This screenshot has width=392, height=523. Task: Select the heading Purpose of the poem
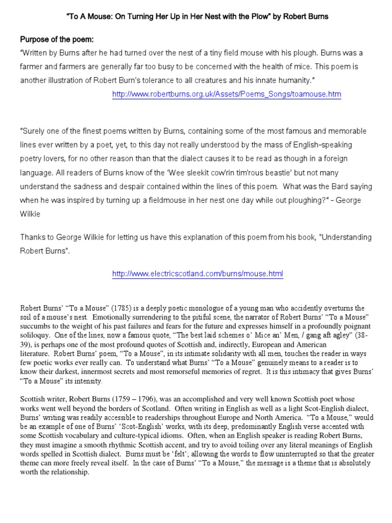tap(56, 39)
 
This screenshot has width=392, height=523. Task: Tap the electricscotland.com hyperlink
tap(197, 274)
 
